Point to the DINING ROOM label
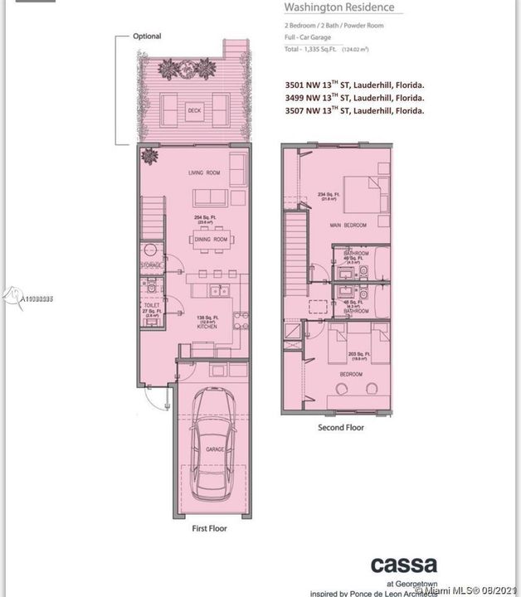[x=211, y=240]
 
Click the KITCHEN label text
[x=207, y=328]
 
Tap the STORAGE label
[x=151, y=265]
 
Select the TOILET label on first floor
[x=152, y=305]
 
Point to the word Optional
[x=147, y=36]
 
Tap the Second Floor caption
[x=341, y=428]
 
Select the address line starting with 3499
[x=354, y=98]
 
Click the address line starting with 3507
[x=354, y=111]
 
